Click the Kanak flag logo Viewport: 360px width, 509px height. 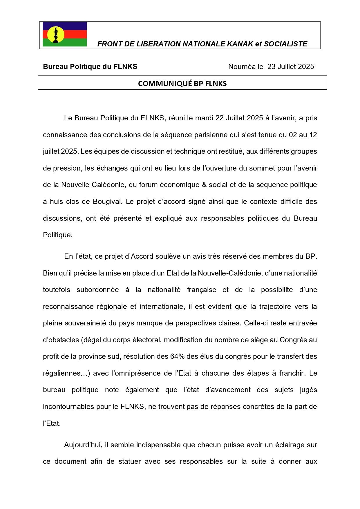pos(65,34)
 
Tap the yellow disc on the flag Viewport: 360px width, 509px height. pos(56,34)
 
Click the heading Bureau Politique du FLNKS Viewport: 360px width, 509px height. pos(90,67)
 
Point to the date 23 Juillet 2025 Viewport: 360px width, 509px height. pos(291,67)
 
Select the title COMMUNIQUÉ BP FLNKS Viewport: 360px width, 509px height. pos(182,84)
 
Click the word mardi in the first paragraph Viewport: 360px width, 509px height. pos(204,118)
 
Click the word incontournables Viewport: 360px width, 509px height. pos(68,407)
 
